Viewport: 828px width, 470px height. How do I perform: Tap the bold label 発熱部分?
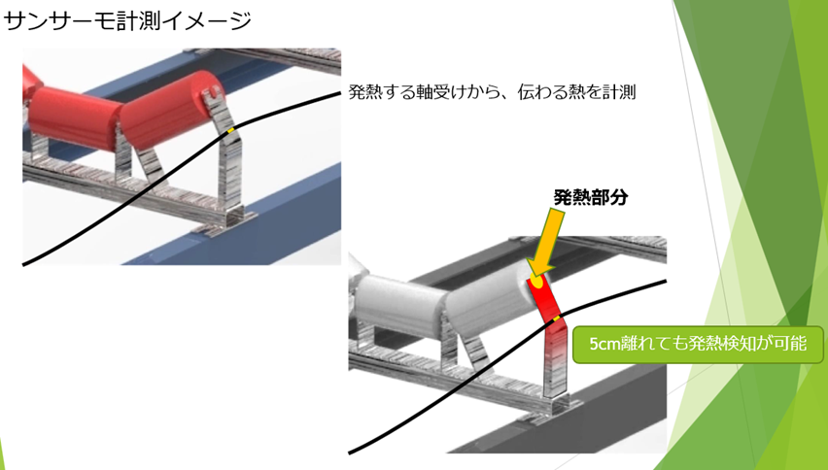[590, 197]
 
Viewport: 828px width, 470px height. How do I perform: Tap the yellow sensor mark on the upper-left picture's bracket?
[230, 129]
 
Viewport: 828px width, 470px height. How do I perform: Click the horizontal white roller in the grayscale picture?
[398, 300]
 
